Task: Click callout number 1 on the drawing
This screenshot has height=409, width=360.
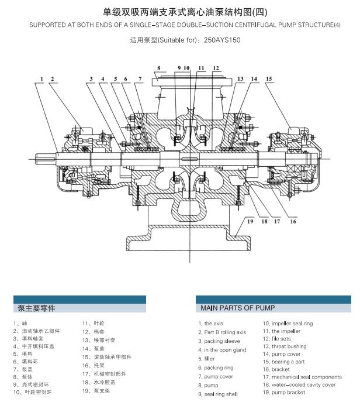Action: click(x=42, y=78)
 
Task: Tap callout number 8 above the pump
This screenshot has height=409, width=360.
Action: click(x=158, y=68)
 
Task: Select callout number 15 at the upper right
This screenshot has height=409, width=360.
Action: click(x=268, y=78)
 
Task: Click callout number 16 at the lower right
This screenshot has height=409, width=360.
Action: click(x=293, y=221)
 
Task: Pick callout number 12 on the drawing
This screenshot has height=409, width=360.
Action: click(x=216, y=68)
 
